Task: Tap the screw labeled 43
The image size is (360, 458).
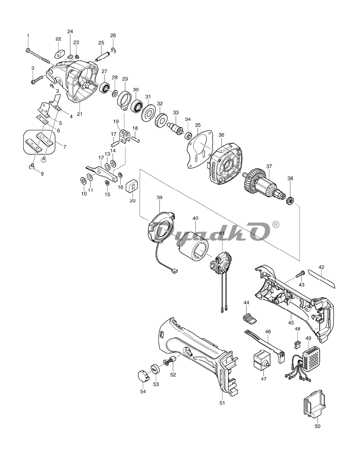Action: pos(299,273)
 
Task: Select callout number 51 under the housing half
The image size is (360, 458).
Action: pos(222,403)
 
